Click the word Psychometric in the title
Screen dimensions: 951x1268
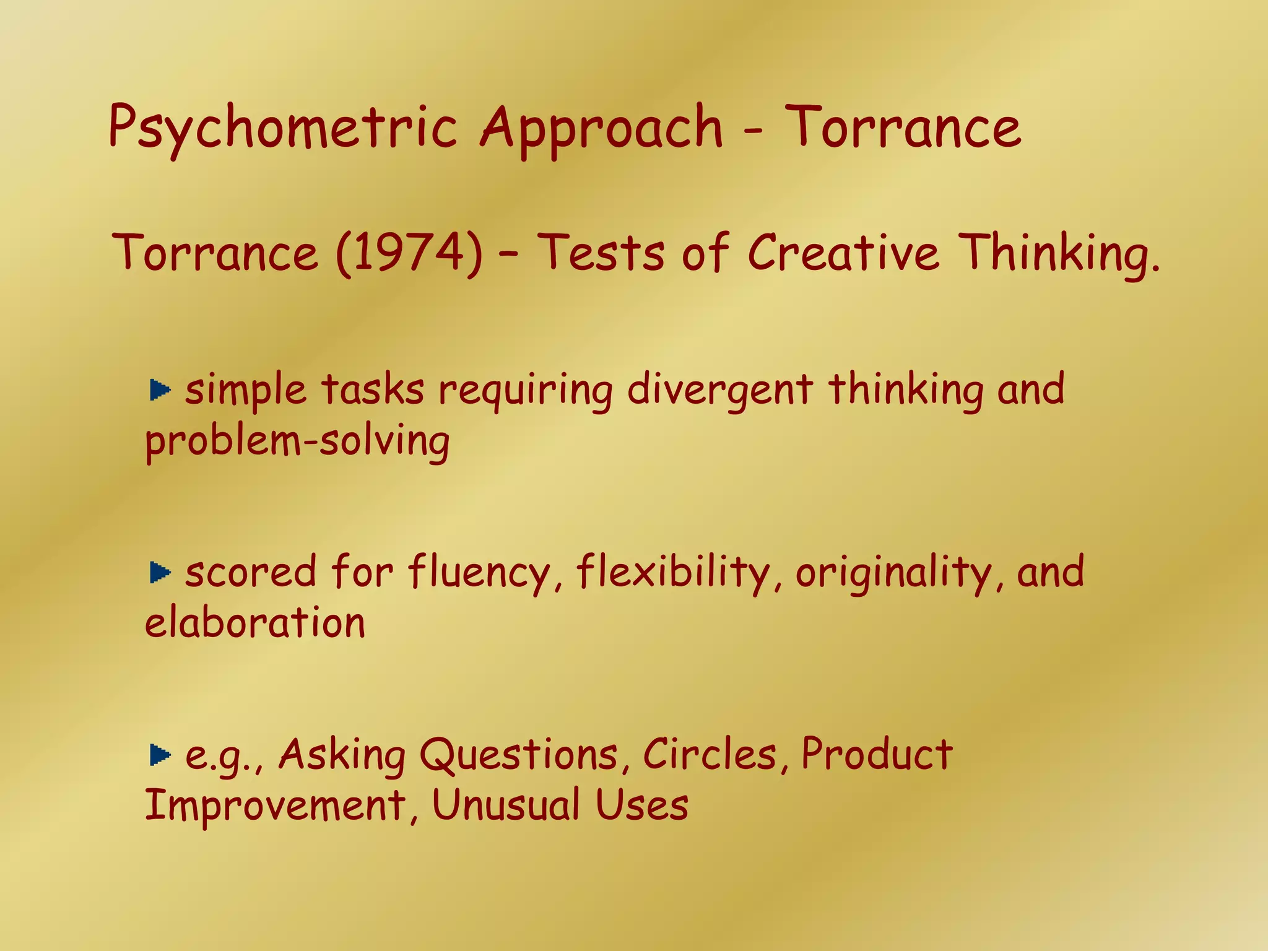282,129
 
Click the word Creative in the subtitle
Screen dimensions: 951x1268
843,253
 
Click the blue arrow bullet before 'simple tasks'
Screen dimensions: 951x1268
160,390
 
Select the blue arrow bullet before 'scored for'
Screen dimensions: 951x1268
160,573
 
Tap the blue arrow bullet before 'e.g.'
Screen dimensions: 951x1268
160,755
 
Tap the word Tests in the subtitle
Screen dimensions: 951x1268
602,253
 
